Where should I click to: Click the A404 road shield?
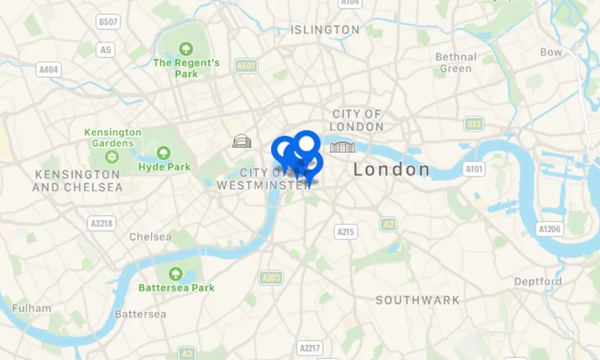tap(49, 69)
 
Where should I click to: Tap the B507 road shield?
tap(108, 22)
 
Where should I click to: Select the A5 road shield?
tap(106, 49)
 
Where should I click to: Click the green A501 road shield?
tap(246, 65)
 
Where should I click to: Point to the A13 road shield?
tap(474, 124)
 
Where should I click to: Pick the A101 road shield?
tap(474, 169)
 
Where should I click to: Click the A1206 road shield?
tap(549, 229)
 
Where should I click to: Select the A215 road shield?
tap(346, 231)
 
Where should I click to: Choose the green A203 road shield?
tap(272, 277)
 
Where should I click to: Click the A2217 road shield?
tap(311, 348)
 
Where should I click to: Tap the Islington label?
tap(325, 29)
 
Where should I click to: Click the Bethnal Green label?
tap(456, 62)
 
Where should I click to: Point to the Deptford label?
tap(538, 281)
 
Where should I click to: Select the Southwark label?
tap(418, 300)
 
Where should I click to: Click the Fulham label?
tap(31, 308)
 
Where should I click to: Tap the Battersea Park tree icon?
tap(176, 274)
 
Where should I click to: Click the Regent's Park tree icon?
tap(186, 48)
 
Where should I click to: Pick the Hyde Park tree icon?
tap(164, 152)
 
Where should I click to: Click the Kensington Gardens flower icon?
tap(113, 157)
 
